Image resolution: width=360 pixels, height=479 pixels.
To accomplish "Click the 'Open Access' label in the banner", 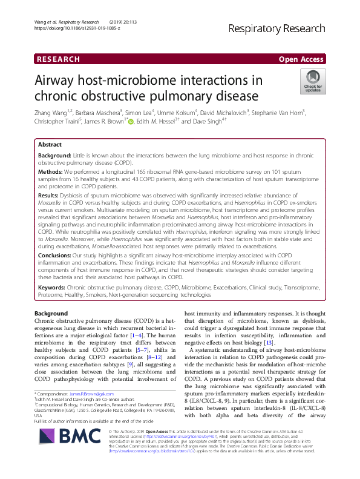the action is pyautogui.click(x=302, y=59).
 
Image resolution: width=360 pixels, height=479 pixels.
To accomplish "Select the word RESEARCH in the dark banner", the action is pyautogui.click(x=59, y=59).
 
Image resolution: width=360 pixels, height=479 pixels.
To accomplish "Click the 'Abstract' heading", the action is pyautogui.click(x=50, y=145).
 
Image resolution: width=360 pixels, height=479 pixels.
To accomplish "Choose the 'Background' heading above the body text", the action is pyautogui.click(x=51, y=313).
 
